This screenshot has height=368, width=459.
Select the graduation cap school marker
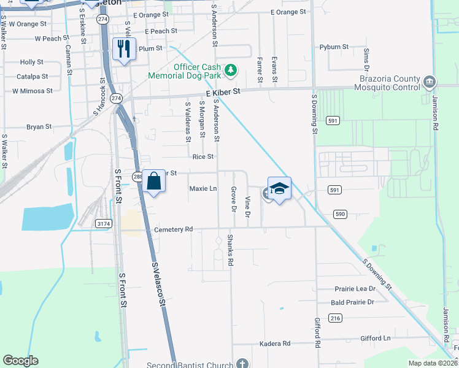coord(279,188)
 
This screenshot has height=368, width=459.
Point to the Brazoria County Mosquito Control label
coord(389,83)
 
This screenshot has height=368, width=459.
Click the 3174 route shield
coord(104,224)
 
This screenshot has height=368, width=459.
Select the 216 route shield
coord(334,318)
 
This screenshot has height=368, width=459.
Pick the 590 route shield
coord(341,213)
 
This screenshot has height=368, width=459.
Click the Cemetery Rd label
coord(174,229)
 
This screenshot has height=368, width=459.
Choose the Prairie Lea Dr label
coord(355,289)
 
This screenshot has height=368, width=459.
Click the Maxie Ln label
coord(203,188)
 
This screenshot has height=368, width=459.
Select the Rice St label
coord(203,156)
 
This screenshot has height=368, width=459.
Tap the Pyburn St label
coord(334,47)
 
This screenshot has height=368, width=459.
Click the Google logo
coord(20,361)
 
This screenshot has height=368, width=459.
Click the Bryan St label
coord(39,127)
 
